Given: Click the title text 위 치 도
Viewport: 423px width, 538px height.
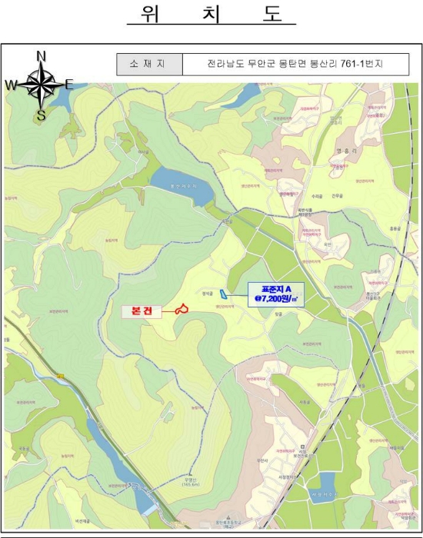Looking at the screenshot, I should (211, 15).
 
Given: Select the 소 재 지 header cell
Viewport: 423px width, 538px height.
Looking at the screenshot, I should (149, 64).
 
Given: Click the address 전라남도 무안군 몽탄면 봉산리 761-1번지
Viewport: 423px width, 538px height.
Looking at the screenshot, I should (295, 64).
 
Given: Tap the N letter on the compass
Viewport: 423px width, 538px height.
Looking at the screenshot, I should (42, 55).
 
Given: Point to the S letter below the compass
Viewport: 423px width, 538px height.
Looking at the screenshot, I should (42, 116).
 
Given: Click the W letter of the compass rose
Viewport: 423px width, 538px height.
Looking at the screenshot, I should (11, 85).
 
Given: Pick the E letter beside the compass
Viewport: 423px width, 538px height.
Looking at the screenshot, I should (68, 85).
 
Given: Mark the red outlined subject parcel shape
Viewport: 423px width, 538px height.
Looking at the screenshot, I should (182, 309).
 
